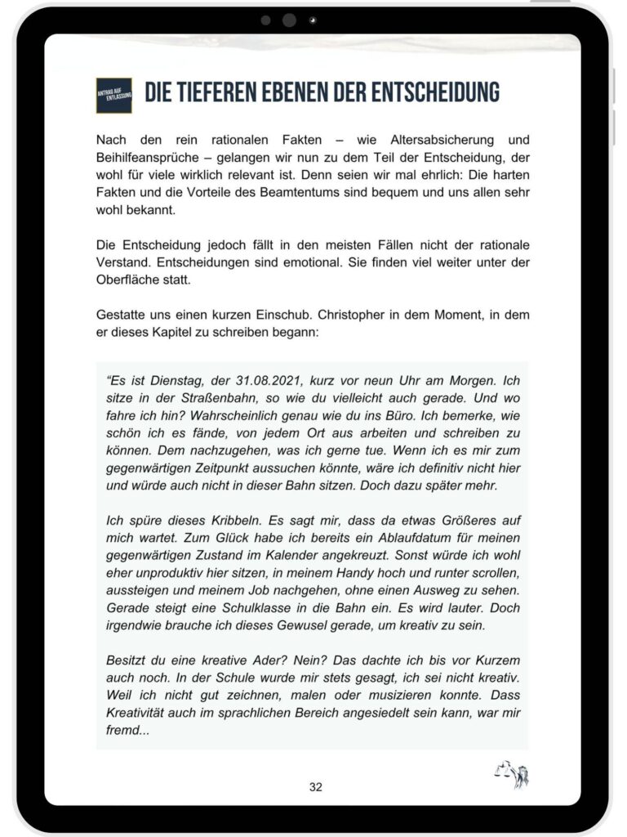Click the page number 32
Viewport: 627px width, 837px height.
pos(315,787)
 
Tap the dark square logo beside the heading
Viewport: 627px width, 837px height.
pos(113,96)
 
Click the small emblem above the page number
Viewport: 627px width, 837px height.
pos(512,773)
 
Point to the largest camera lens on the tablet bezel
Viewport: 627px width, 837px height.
pos(289,20)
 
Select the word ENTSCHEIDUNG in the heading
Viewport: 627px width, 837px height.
pos(427,93)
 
